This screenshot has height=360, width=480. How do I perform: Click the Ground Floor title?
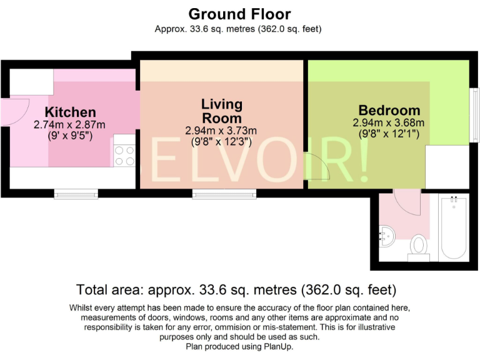point(239,13)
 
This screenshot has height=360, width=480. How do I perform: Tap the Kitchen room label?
point(71,112)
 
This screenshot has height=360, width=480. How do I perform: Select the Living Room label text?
point(222,111)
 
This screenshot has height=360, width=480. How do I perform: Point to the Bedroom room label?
point(389,110)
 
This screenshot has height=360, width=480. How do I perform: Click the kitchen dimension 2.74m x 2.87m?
point(69,125)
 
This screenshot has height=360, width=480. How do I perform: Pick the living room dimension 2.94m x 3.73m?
point(221,131)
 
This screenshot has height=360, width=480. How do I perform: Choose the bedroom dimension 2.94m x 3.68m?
point(389,122)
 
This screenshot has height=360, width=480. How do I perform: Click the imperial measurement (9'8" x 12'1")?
point(389,134)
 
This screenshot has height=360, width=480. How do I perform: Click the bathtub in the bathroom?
point(454,228)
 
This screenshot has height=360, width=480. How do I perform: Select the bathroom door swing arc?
point(409,204)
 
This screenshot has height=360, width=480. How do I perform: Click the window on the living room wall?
point(224,194)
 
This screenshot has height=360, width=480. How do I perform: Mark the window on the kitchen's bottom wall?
point(76,194)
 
